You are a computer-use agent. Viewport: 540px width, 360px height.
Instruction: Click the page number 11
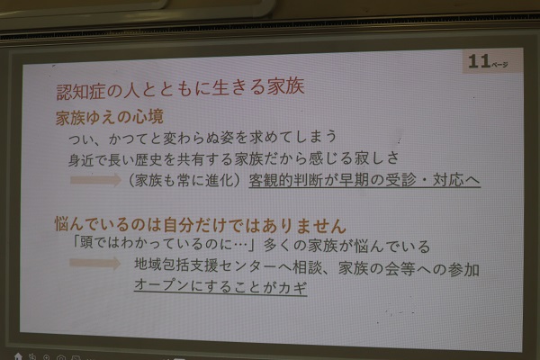(x=479, y=61)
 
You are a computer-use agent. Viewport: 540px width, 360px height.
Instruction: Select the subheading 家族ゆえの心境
(x=110, y=117)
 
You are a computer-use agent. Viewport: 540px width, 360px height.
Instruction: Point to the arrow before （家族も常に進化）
(x=95, y=180)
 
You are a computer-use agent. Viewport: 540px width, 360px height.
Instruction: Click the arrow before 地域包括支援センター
(x=94, y=264)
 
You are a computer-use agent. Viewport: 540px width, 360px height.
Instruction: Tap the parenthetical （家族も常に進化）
(x=184, y=181)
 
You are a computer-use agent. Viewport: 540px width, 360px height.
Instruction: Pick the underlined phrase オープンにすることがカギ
(x=220, y=286)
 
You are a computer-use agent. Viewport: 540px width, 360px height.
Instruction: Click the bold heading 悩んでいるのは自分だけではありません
(x=201, y=225)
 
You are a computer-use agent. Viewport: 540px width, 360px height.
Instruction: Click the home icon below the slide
(x=18, y=356)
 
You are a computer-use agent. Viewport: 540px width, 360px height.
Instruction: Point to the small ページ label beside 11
(x=500, y=65)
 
